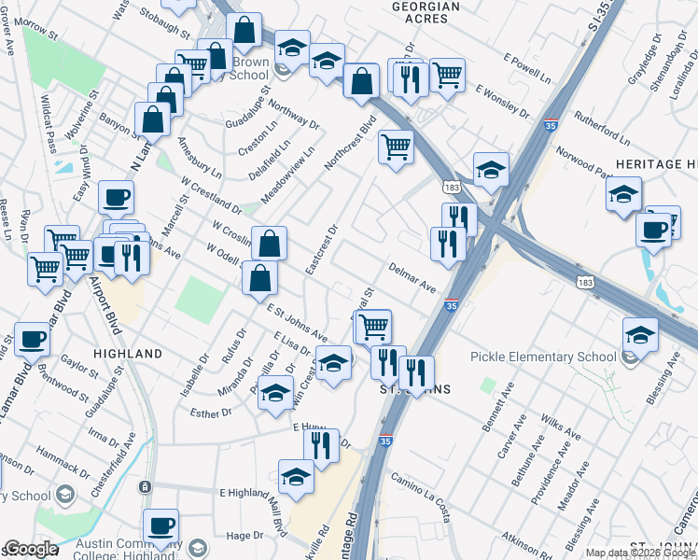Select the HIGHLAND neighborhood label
(x=128, y=354)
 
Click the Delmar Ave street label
(x=413, y=278)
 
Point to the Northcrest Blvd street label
(x=350, y=143)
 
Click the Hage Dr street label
(x=245, y=535)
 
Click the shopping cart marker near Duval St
(x=373, y=326)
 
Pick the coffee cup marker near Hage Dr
(x=161, y=525)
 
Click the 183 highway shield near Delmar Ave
(x=586, y=282)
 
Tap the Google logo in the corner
(x=30, y=549)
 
